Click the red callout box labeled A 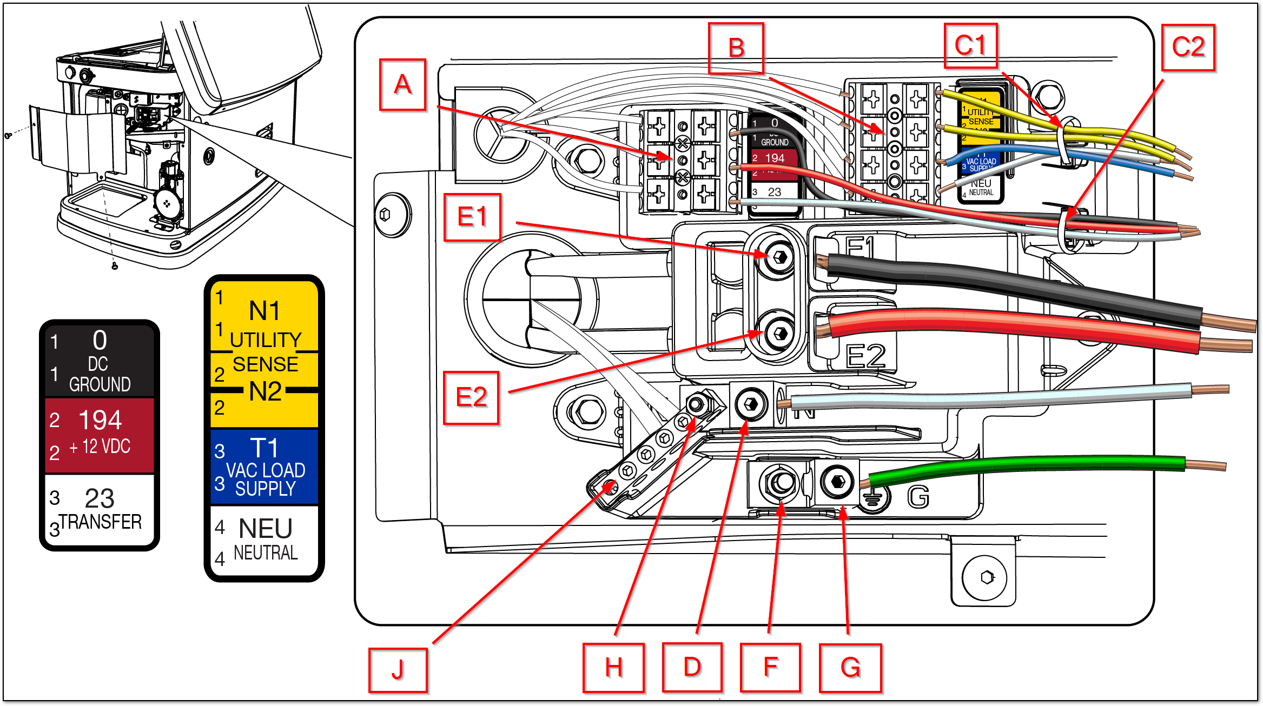pyautogui.click(x=402, y=85)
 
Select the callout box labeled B pyautogui.click(x=736, y=48)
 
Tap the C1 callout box pyautogui.click(x=970, y=46)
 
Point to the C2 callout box pyautogui.click(x=1188, y=48)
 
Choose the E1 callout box pyautogui.click(x=472, y=217)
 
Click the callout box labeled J pyautogui.click(x=398, y=670)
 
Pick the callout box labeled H pyautogui.click(x=613, y=668)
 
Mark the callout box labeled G pyautogui.click(x=850, y=668)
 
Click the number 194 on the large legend pyautogui.click(x=100, y=420)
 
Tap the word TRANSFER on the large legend pyautogui.click(x=101, y=522)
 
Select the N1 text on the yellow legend pyautogui.click(x=264, y=311)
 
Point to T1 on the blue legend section pyautogui.click(x=264, y=448)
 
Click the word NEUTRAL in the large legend pyautogui.click(x=266, y=553)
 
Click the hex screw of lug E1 pyautogui.click(x=779, y=256)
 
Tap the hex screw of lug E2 pyautogui.click(x=779, y=333)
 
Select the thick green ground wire pyautogui.click(x=1028, y=467)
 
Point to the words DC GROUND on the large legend pyautogui.click(x=100, y=374)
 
